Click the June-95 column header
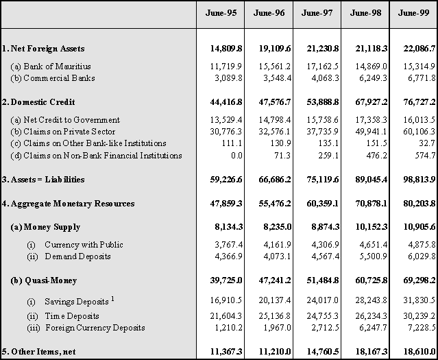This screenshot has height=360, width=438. coord(221,13)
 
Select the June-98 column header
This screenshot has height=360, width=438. coord(365,13)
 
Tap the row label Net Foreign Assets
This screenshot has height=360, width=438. coord(43,49)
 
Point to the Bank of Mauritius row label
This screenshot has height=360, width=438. coord(51,67)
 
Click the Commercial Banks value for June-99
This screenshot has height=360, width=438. coord(422,78)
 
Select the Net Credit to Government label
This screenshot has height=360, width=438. coord(65,120)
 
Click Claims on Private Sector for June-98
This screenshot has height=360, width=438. coord(371,132)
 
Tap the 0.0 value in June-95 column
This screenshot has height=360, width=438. coord(236,156)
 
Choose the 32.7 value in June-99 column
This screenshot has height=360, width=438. coord(428,143)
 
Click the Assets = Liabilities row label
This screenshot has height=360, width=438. coord(43,180)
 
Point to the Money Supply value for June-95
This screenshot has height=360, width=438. coord(228,227)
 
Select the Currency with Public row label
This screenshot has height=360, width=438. coord(75,245)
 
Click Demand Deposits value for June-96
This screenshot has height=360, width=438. coord(277,256)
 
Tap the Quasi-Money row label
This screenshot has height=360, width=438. coord(43,280)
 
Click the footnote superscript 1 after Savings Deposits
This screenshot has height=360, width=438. coord(112,299)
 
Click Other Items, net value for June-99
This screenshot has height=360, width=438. coord(419,351)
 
